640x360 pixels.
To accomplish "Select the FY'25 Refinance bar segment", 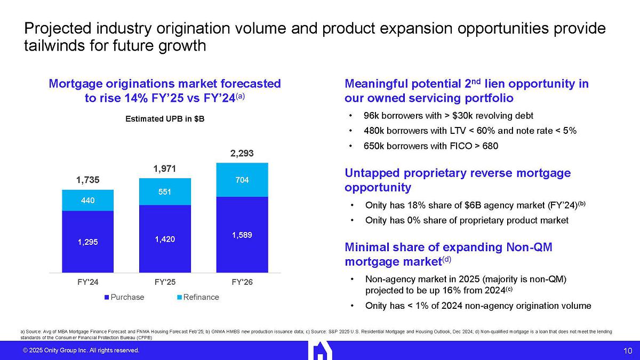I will (164, 191).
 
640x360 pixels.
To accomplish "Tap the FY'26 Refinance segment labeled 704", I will (242, 180).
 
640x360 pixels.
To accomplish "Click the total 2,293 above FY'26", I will (242, 154).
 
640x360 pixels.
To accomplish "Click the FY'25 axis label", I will (164, 282).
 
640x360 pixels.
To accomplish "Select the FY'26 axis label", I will (242, 282).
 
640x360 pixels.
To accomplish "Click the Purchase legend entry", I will (124, 297).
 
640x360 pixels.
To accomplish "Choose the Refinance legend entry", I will (198, 297).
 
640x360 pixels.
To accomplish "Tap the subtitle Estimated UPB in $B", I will (164, 119).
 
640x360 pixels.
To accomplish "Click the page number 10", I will (627, 350).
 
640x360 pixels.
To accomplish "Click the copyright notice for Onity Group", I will (81, 350).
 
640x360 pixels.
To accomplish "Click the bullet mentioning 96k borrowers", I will (448, 116).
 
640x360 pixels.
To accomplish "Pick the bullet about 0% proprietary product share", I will (467, 220).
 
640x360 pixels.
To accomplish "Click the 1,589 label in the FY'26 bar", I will (242, 235).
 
